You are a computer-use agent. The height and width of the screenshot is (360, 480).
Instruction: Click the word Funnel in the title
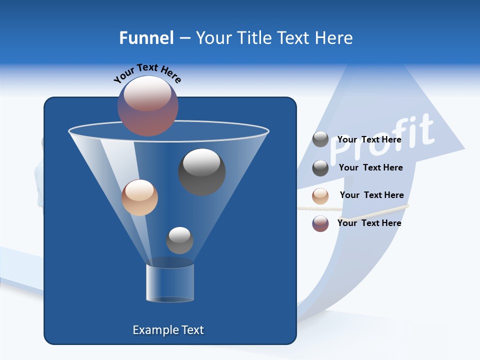pyautogui.click(x=146, y=38)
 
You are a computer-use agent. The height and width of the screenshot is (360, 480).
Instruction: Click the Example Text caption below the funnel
pyautogui.click(x=168, y=330)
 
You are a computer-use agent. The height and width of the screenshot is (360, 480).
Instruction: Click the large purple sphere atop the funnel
pyautogui.click(x=148, y=105)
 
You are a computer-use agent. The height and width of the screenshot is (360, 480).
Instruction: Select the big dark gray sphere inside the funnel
pyautogui.click(x=201, y=171)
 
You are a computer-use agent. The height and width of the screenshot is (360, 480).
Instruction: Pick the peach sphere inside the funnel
pyautogui.click(x=139, y=197)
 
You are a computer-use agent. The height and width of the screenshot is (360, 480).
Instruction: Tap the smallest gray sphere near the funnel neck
pyautogui.click(x=179, y=240)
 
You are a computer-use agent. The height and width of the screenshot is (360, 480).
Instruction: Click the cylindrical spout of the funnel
pyautogui.click(x=170, y=282)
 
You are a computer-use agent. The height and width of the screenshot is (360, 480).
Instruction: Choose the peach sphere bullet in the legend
pyautogui.click(x=320, y=196)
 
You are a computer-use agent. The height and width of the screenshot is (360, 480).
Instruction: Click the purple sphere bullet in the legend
pyautogui.click(x=320, y=223)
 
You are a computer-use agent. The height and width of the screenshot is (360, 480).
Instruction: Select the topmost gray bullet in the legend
pyautogui.click(x=320, y=139)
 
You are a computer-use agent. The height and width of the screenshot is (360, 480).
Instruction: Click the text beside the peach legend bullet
pyautogui.click(x=371, y=195)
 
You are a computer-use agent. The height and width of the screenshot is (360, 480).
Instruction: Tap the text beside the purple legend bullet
pyautogui.click(x=369, y=223)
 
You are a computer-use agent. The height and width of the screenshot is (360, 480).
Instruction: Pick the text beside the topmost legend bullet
pyautogui.click(x=369, y=139)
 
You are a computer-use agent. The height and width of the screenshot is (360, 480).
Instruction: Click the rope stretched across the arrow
pyautogui.click(x=360, y=209)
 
